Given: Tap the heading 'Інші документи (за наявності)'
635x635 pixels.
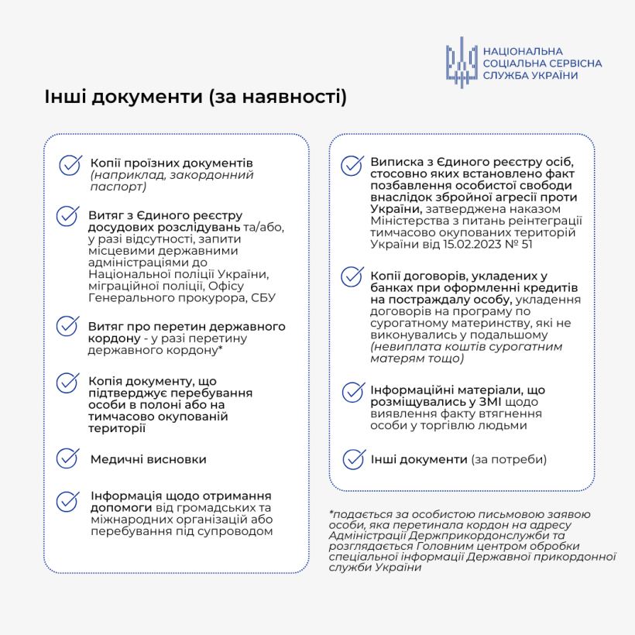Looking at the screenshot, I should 195,98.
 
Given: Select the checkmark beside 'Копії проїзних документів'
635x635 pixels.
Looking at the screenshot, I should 70,165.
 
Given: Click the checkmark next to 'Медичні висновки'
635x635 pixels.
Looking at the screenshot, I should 69,458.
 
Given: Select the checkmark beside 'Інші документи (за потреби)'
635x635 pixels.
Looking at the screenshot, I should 354,458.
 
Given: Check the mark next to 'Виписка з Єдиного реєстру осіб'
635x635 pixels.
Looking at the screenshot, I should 353,165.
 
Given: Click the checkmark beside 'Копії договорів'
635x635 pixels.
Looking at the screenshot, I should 353,276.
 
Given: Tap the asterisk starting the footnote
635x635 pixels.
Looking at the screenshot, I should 331,514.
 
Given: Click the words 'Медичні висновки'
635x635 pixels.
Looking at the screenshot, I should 148,459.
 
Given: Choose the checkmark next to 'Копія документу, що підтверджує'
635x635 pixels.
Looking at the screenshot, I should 69,383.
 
